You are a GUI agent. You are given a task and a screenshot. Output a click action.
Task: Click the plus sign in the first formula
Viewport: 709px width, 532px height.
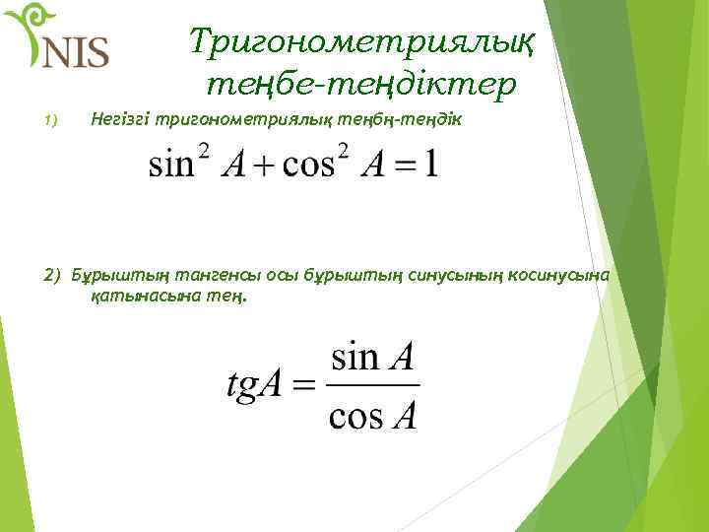(263, 165)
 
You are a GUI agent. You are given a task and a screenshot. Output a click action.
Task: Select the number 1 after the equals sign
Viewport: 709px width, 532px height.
(429, 164)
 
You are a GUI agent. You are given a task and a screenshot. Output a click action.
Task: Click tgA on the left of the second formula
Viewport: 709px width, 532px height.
(257, 386)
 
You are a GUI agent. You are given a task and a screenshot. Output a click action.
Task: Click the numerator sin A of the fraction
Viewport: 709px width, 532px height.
(372, 356)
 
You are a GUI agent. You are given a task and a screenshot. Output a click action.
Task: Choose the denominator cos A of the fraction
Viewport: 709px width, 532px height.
(372, 417)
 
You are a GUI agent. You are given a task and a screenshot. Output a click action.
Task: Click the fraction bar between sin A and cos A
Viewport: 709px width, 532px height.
(372, 385)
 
